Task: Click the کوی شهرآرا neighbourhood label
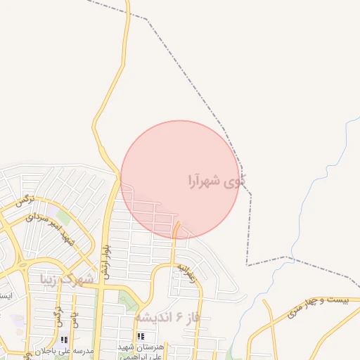point(217,181)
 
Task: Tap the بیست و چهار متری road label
point(319,302)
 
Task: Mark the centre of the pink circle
point(180,179)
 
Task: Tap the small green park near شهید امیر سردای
point(63,217)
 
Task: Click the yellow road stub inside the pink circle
point(176,229)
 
